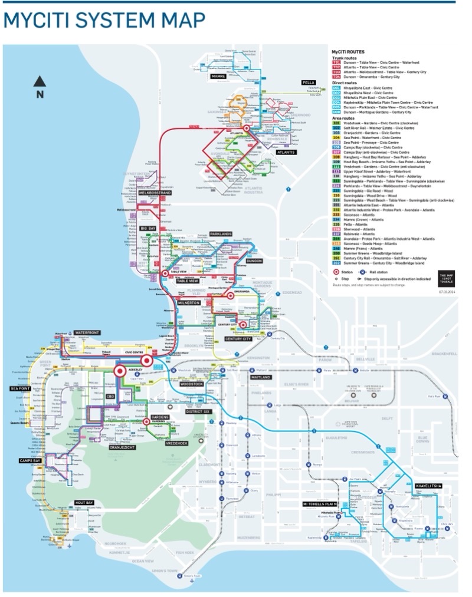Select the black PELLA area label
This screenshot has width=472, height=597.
click(309, 82)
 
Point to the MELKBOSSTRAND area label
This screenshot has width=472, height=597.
click(155, 193)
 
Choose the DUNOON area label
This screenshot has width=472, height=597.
click(254, 260)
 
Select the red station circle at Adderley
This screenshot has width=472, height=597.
click(119, 371)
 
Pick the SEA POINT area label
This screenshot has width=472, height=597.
click(19, 388)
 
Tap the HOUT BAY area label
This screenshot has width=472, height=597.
click(84, 503)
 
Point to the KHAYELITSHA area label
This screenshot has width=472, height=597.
click(428, 486)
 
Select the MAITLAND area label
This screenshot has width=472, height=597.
click(260, 377)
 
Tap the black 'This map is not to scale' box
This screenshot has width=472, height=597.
click(447, 276)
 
